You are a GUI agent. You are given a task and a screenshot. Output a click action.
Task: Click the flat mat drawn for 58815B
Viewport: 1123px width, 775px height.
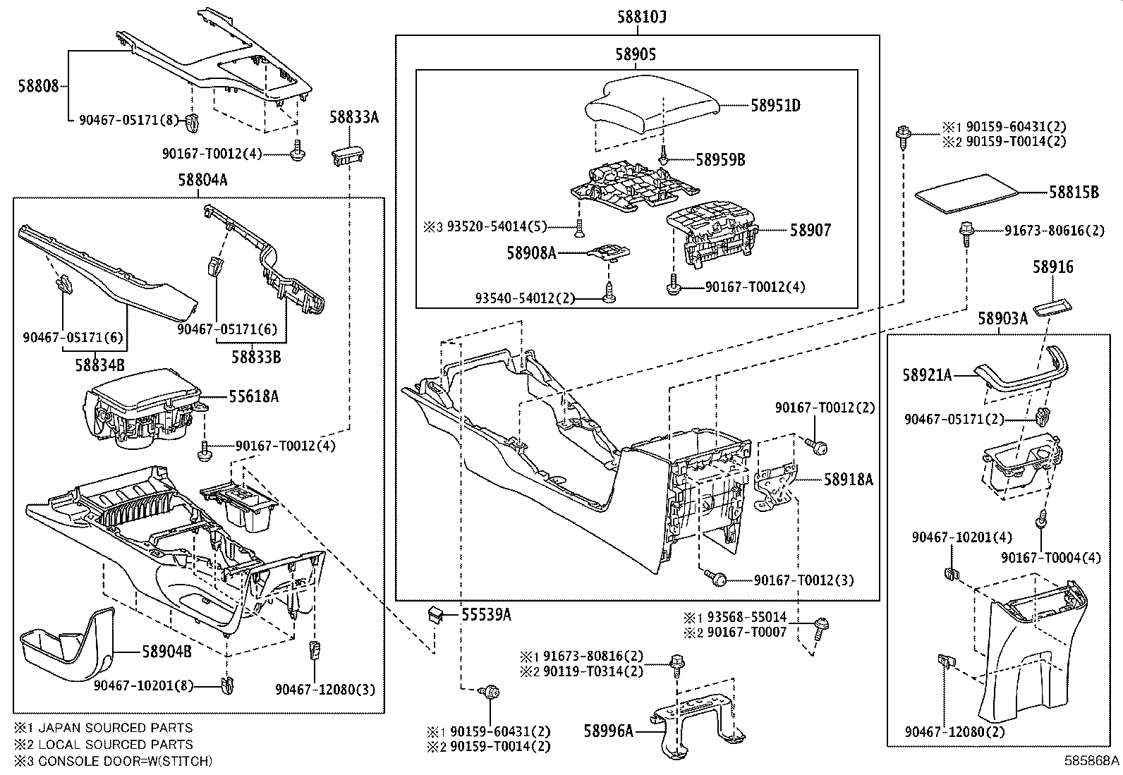click(966, 191)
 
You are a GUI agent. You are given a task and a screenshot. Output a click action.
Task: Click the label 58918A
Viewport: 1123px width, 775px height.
click(848, 480)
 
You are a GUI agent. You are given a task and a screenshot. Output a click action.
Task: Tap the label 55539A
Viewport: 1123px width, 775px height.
click(485, 615)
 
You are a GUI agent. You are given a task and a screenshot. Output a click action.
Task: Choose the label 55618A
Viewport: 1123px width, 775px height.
click(253, 397)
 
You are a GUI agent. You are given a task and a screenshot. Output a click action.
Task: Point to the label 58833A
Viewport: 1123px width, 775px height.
click(353, 117)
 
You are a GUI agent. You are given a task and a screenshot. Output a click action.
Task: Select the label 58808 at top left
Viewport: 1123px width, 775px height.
click(39, 86)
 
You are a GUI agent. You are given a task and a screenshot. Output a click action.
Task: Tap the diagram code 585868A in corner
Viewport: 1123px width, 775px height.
click(1092, 761)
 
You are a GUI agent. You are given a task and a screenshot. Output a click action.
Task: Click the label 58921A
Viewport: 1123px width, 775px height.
click(927, 376)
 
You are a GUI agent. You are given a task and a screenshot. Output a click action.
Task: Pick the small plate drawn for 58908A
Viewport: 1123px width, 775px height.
click(609, 252)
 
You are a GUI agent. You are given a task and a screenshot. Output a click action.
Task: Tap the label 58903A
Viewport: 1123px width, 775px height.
click(1002, 319)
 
